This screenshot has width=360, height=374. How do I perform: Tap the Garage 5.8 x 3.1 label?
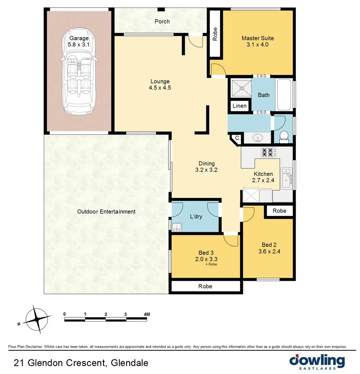tap(79, 41)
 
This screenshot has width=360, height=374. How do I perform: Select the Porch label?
tap(162, 21)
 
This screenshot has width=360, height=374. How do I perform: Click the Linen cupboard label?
tap(240, 106)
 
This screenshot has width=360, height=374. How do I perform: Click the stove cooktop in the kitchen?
tap(269, 152)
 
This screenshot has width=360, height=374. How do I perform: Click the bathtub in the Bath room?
tap(284, 94)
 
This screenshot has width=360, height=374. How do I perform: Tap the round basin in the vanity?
tap(257, 139)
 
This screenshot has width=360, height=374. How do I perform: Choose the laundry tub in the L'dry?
tap(177, 227)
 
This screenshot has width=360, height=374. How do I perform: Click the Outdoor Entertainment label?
tap(106, 212)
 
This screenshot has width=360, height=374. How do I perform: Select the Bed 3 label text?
tap(206, 252)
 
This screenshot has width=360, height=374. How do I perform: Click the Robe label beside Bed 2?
tap(279, 211)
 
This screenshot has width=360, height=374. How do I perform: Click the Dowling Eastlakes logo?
tap(317, 362)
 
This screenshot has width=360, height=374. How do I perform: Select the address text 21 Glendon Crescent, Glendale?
tap(81, 363)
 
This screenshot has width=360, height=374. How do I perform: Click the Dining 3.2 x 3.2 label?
tap(207, 167)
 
